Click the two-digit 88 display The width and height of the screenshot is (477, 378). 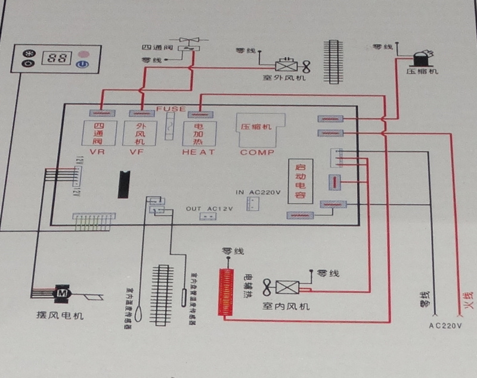[x=58, y=58]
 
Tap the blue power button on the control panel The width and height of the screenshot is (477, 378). [x=84, y=63]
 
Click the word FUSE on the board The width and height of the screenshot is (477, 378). [x=171, y=109]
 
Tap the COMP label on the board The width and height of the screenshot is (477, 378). [x=257, y=152]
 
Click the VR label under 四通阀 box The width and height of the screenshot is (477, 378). [x=97, y=152]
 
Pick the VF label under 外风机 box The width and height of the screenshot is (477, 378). [x=137, y=152]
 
